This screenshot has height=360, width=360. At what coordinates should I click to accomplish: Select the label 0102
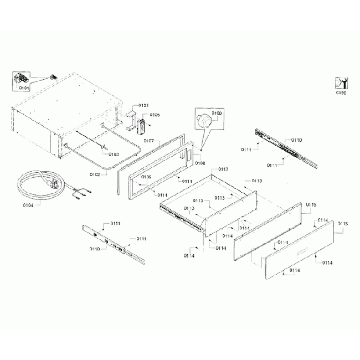(x=95, y=174)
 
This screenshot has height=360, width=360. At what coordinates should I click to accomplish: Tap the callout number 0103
(x=114, y=154)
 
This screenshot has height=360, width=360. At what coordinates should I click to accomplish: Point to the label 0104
(x=28, y=205)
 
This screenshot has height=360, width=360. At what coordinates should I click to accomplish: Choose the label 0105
(x=143, y=105)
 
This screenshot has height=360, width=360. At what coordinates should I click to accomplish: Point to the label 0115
(x=311, y=205)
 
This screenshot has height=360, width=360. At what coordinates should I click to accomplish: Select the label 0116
(x=342, y=224)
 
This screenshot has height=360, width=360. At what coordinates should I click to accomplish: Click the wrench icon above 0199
(x=341, y=83)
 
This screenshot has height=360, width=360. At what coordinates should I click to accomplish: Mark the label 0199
(x=341, y=94)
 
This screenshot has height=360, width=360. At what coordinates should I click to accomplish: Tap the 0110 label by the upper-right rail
(x=296, y=140)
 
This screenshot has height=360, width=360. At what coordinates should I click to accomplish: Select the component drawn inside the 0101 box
(x=21, y=79)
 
